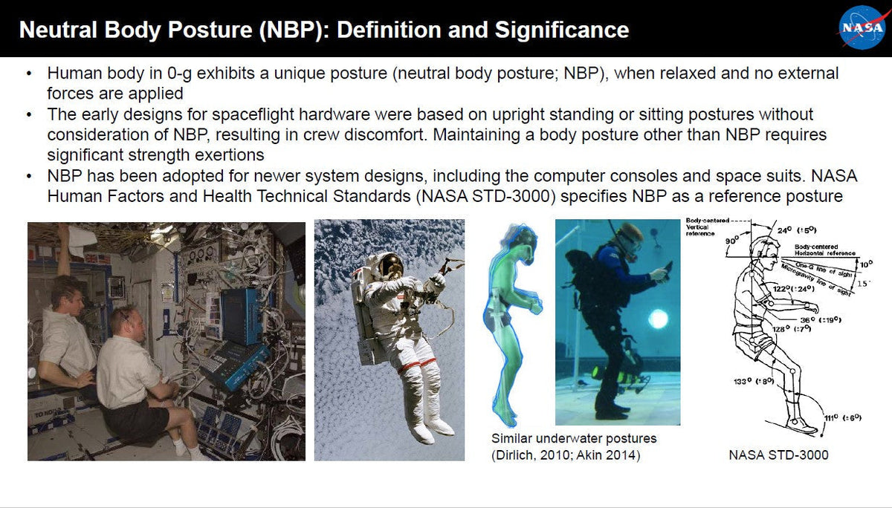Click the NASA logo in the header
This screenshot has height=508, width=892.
(862, 28)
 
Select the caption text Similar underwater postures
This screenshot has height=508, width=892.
(574, 438)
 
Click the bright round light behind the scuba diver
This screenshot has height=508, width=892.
(659, 320)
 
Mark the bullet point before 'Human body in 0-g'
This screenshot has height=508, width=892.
(28, 74)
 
